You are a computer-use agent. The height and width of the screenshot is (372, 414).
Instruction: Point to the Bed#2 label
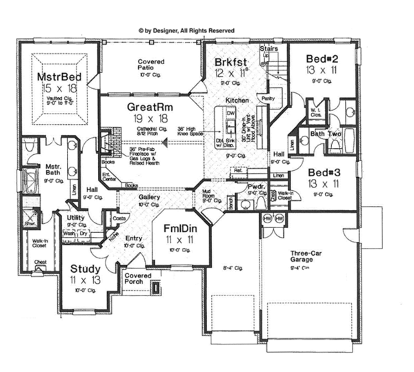point(322,60)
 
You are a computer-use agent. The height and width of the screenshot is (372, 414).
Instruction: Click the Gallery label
point(149,198)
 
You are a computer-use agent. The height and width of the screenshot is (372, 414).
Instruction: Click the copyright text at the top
point(186,30)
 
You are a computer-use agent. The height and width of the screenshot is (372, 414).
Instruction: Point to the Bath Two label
point(326,134)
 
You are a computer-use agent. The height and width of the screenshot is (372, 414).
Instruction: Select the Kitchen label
point(236,101)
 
